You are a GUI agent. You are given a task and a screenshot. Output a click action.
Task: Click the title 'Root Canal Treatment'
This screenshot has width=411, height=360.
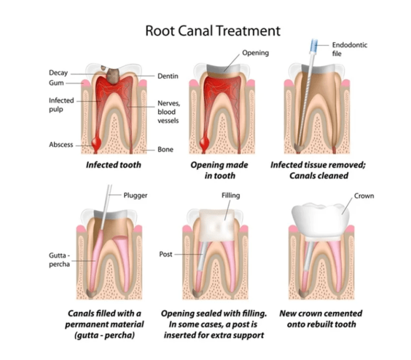213,31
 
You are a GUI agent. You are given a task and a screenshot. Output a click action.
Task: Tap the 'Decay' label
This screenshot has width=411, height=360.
58,73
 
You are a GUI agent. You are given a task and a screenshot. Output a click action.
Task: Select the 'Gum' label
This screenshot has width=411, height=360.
56,83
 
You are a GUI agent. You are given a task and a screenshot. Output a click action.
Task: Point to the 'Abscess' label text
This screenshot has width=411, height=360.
61,144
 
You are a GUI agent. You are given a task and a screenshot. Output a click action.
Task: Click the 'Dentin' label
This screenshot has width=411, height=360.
168,76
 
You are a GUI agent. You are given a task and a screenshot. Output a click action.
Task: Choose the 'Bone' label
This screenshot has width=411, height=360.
166,149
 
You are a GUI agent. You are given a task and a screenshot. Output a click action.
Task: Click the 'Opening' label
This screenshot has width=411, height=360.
255,53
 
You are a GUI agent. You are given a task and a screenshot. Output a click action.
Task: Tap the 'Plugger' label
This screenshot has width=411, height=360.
135,196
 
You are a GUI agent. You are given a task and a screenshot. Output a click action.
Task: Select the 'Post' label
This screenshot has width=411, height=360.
166,254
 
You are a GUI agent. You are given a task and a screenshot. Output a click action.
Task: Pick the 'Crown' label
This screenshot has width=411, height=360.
364,196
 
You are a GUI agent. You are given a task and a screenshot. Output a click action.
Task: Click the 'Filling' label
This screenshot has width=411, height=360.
231,196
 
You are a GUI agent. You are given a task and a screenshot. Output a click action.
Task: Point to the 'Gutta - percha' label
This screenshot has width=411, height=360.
59,260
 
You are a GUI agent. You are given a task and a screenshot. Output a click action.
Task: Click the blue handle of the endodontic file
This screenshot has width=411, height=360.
314,46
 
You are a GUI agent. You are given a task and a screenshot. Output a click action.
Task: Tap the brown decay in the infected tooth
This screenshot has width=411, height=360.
113,75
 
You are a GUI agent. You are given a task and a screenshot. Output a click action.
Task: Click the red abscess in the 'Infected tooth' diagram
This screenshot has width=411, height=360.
96,143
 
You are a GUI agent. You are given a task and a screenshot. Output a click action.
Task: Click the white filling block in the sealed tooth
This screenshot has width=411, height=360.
217,226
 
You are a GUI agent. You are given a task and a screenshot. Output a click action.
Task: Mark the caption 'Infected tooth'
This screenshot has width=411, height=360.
113,165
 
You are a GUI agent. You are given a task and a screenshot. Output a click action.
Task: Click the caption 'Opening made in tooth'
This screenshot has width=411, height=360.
220,170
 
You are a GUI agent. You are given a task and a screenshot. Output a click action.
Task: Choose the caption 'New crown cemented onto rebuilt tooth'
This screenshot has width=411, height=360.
321,319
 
